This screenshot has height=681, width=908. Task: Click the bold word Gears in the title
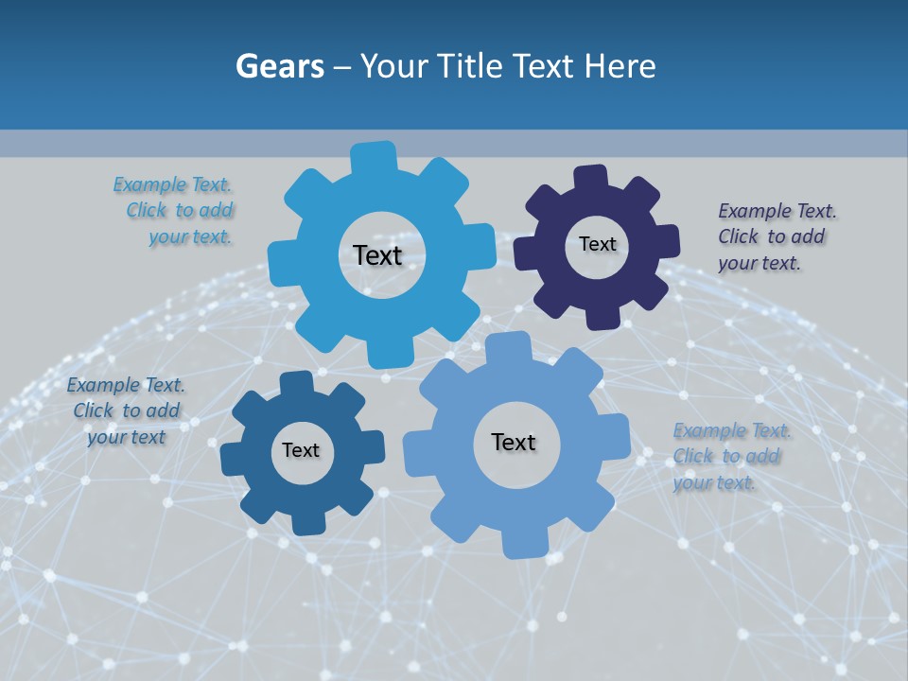click(279, 66)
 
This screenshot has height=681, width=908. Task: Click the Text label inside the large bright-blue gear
click(377, 255)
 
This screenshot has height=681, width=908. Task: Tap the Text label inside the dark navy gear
click(597, 244)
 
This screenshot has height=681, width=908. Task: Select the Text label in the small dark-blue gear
click(301, 450)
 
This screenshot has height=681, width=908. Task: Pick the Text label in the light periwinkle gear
click(514, 442)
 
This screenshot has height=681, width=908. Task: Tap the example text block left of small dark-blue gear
click(126, 410)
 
